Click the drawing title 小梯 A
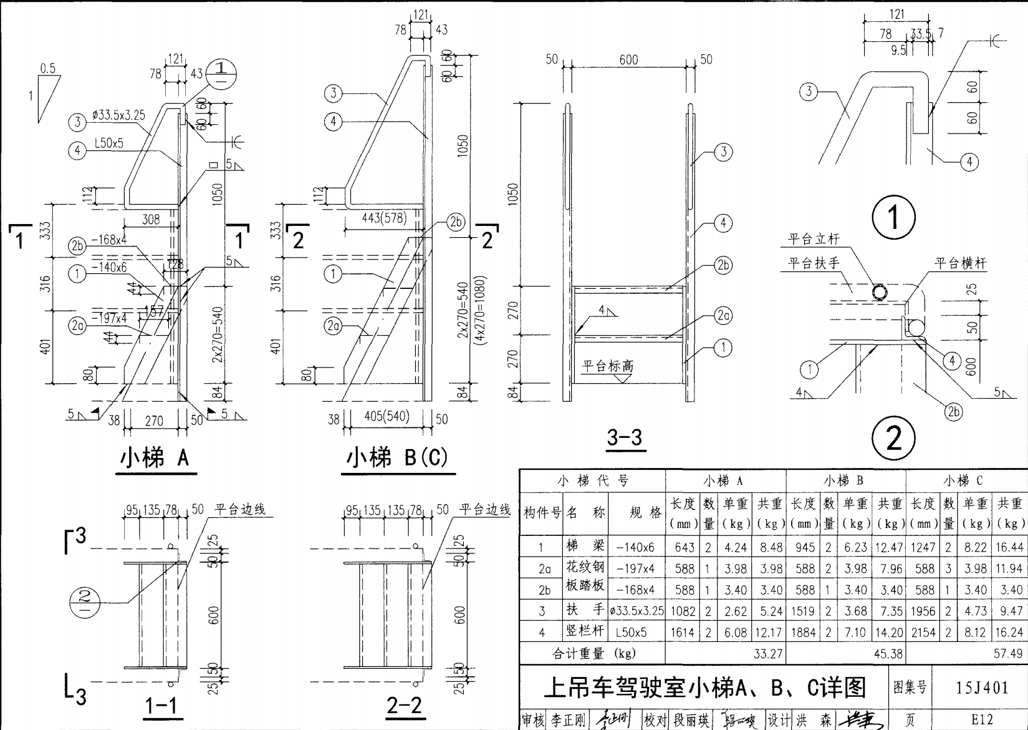(x=155, y=459)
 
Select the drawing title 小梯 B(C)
(x=397, y=459)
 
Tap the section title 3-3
(x=624, y=437)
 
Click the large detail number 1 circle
(x=893, y=217)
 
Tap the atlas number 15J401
(x=982, y=688)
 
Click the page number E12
(x=982, y=719)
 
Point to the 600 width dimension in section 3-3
(x=628, y=59)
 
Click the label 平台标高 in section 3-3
(x=607, y=366)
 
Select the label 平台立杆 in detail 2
(x=814, y=239)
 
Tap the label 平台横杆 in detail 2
(x=960, y=263)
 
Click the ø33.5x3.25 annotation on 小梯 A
(x=118, y=115)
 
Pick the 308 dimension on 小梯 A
(x=151, y=219)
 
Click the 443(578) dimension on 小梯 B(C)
(x=384, y=218)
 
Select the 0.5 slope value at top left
(x=48, y=68)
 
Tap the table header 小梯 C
(x=963, y=480)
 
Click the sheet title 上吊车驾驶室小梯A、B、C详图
(x=705, y=688)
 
